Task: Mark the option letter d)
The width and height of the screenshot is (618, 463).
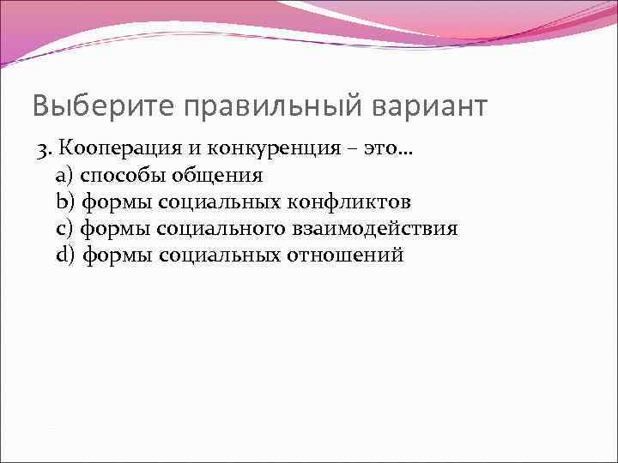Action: (x=65, y=256)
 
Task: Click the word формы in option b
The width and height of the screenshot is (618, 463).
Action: (x=116, y=202)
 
